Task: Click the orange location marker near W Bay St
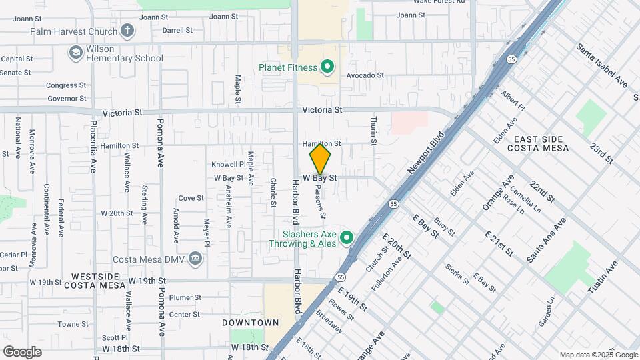(x=320, y=159)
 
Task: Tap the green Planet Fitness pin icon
(x=327, y=67)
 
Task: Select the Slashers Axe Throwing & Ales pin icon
(x=346, y=237)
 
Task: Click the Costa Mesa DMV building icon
(x=195, y=258)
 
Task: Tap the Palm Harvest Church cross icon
(x=127, y=30)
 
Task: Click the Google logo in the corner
(x=22, y=351)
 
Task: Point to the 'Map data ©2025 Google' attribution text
(x=598, y=355)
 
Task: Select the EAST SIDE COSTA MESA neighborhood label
(x=541, y=143)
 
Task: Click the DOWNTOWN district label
(x=251, y=323)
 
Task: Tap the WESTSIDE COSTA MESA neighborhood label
(x=95, y=281)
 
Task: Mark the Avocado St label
(x=365, y=75)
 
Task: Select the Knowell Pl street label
(x=229, y=164)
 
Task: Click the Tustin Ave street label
(x=603, y=277)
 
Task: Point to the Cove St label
(x=191, y=198)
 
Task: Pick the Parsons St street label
(x=319, y=202)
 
